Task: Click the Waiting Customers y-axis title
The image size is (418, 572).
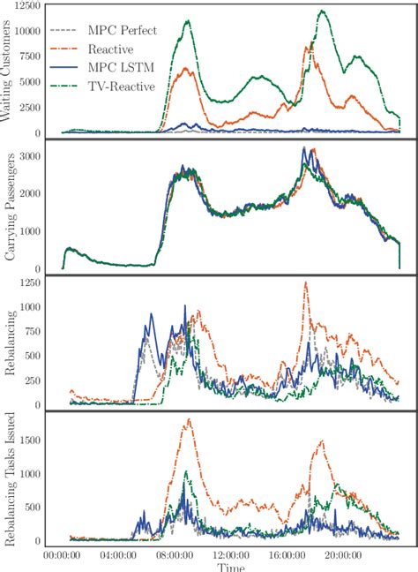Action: point(12,70)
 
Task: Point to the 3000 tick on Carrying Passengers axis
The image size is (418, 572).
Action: point(35,155)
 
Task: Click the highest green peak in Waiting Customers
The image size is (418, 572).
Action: point(322,11)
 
